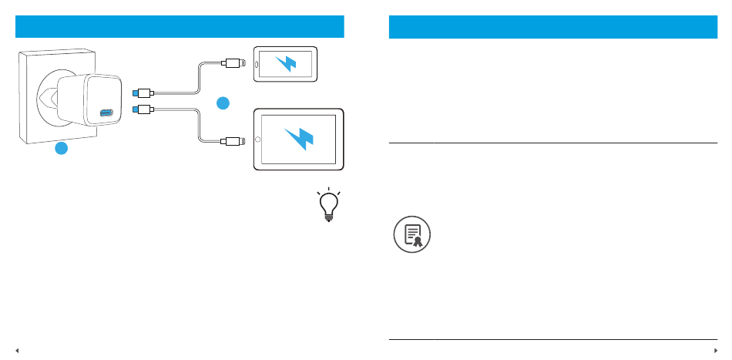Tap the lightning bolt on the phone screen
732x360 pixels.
pyautogui.click(x=286, y=62)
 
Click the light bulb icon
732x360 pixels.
pyautogui.click(x=328, y=205)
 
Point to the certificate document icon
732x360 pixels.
pyautogui.click(x=412, y=234)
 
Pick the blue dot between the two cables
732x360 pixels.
pyautogui.click(x=223, y=103)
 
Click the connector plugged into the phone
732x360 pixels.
pyautogui.click(x=234, y=62)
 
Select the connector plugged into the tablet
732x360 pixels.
pyautogui.click(x=234, y=140)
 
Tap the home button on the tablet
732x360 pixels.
pyautogui.click(x=257, y=140)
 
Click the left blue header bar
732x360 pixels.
pyautogui.click(x=180, y=26)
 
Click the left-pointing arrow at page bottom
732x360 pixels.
pyautogui.click(x=17, y=349)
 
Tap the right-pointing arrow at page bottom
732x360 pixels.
pyautogui.click(x=714, y=349)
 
